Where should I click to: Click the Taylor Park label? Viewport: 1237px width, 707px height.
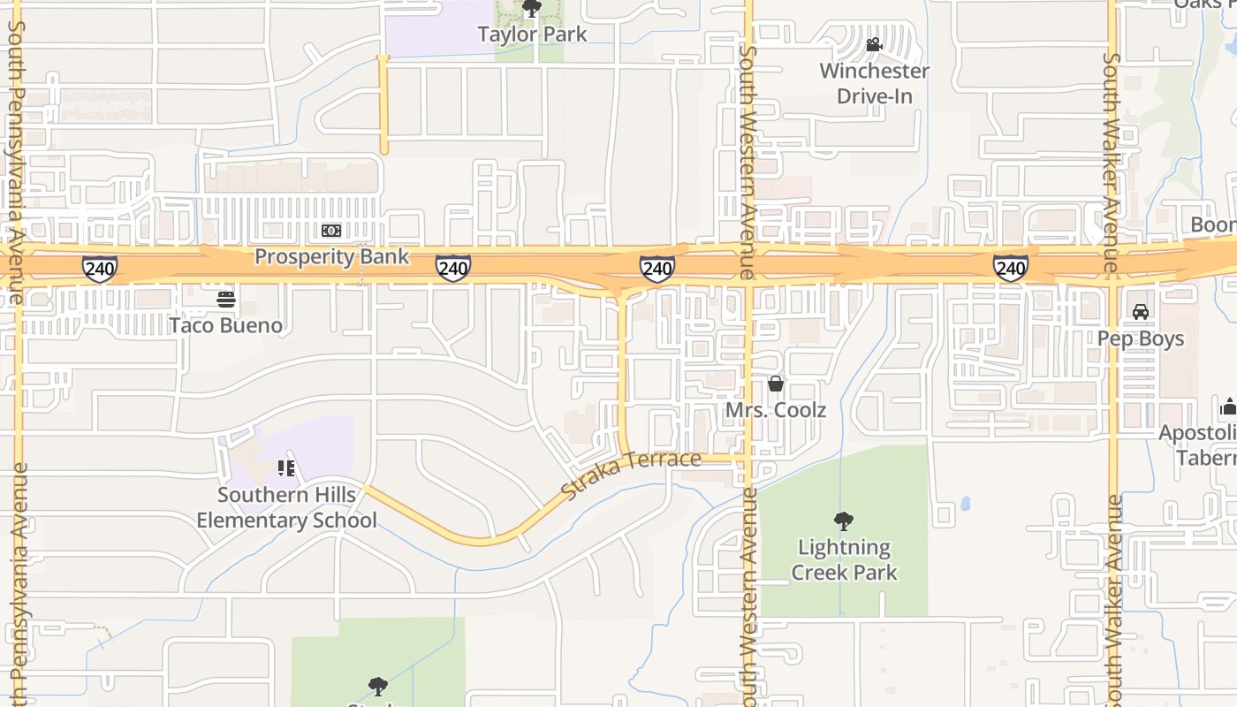[532, 34]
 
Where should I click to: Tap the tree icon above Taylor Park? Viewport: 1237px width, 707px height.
[532, 9]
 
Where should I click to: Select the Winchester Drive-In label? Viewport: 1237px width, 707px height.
[874, 83]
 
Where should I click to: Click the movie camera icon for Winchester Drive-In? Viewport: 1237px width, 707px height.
[874, 44]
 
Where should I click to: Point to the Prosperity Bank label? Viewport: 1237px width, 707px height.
[331, 256]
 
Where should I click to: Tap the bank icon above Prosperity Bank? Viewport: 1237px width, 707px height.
[331, 231]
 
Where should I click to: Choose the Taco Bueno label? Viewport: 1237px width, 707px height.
[226, 325]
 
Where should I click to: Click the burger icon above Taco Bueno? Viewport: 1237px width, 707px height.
[226, 300]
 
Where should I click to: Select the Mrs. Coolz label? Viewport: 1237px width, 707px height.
[776, 410]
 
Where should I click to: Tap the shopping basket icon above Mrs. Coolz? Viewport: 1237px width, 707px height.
[776, 384]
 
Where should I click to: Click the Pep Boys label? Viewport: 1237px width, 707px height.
[1141, 338]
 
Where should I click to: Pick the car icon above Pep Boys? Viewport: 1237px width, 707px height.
[1141, 312]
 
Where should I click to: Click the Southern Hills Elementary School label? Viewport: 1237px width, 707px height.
[286, 507]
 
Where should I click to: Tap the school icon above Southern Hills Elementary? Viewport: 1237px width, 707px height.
[286, 468]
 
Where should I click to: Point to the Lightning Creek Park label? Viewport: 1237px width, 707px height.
[844, 559]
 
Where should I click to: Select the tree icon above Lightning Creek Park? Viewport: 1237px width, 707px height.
[844, 521]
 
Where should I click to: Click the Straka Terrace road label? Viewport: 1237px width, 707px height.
[631, 474]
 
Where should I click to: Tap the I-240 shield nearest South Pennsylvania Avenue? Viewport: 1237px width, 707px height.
[99, 268]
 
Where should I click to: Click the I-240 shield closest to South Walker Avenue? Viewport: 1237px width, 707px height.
[1010, 268]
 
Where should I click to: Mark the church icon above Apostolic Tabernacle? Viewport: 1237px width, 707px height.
[1228, 407]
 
